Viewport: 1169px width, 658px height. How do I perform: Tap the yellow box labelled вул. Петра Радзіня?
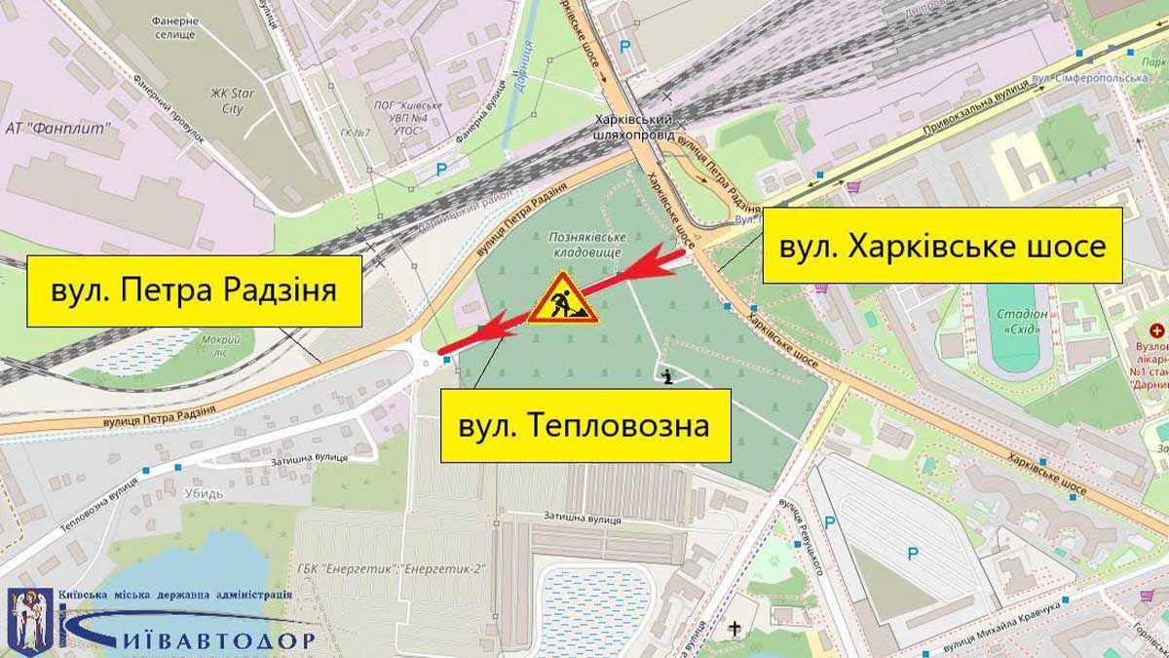click(195, 290)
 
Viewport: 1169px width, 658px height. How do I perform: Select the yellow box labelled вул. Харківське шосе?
click(942, 246)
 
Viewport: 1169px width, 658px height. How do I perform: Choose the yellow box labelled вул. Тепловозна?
click(584, 425)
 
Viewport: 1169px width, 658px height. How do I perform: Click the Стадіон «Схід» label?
click(1022, 322)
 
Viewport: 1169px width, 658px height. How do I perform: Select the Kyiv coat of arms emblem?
click(24, 617)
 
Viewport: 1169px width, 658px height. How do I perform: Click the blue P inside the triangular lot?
click(912, 555)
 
